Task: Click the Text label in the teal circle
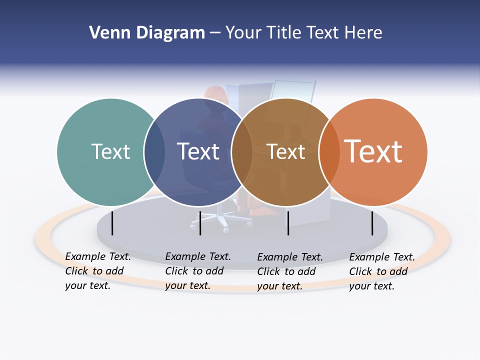(111, 151)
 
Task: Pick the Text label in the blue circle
(198, 151)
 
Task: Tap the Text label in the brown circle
(285, 151)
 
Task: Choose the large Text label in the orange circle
(373, 151)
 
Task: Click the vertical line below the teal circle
(112, 223)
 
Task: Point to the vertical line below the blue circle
(200, 223)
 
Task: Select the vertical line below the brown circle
(288, 223)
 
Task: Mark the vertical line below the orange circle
(372, 223)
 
